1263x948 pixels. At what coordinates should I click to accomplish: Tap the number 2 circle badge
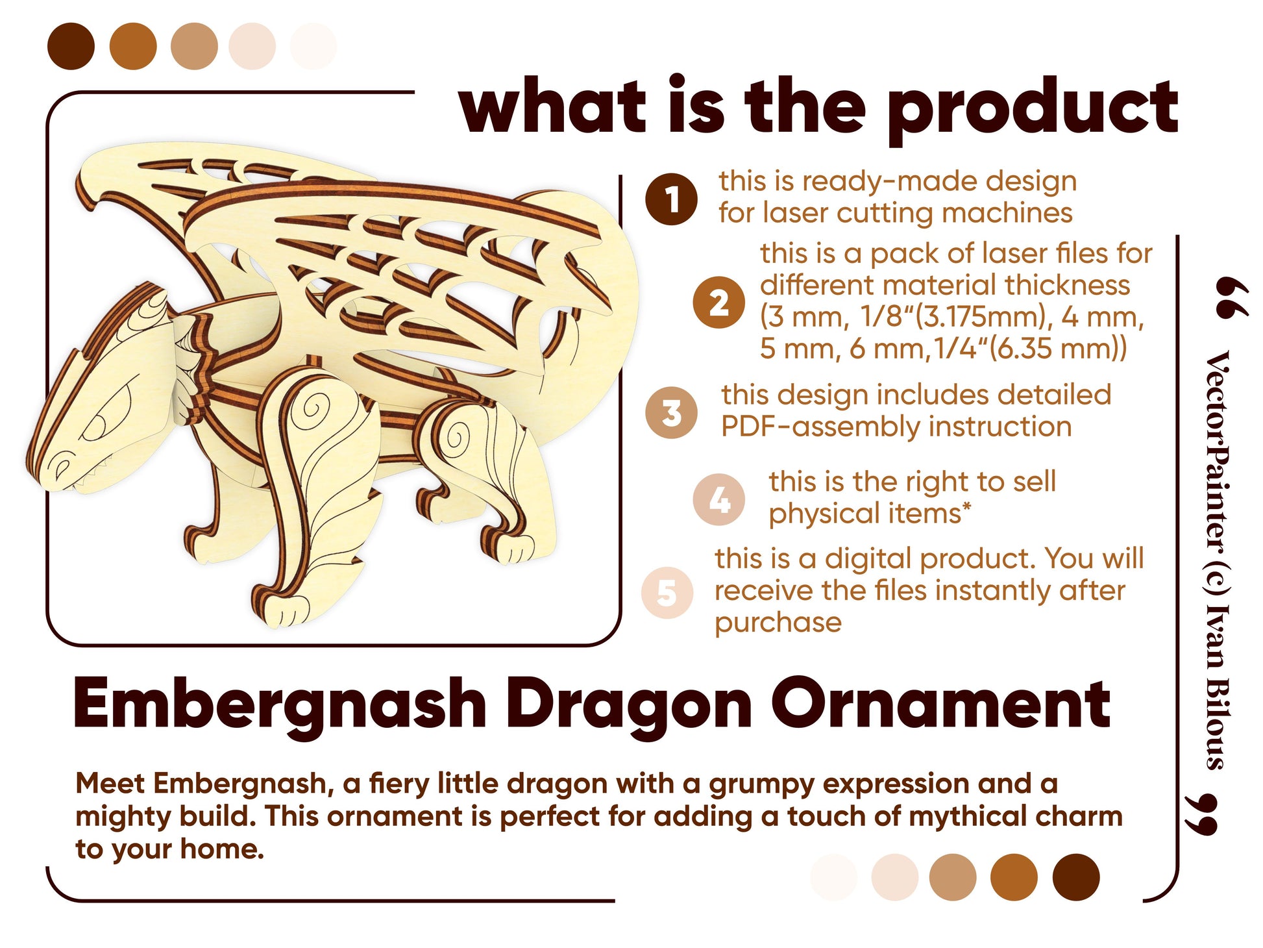click(718, 302)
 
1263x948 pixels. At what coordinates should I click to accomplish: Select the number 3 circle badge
click(671, 412)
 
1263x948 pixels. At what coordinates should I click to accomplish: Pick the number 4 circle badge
click(719, 500)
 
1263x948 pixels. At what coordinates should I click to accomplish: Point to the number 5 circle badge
click(667, 592)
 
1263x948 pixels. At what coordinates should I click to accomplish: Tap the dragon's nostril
click(61, 466)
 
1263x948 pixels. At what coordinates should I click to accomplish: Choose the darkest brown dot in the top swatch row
click(71, 46)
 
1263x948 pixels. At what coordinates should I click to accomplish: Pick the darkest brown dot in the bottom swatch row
click(1076, 877)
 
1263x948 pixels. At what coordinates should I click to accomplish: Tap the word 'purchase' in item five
click(778, 623)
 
